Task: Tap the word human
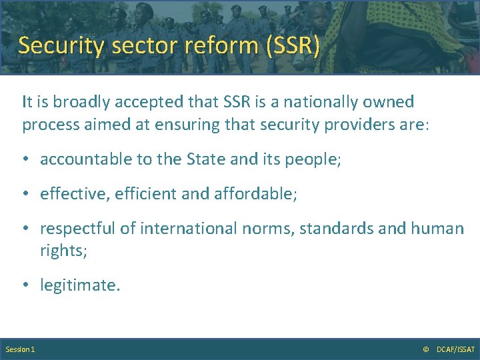point(437,229)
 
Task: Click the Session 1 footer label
point(20,349)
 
